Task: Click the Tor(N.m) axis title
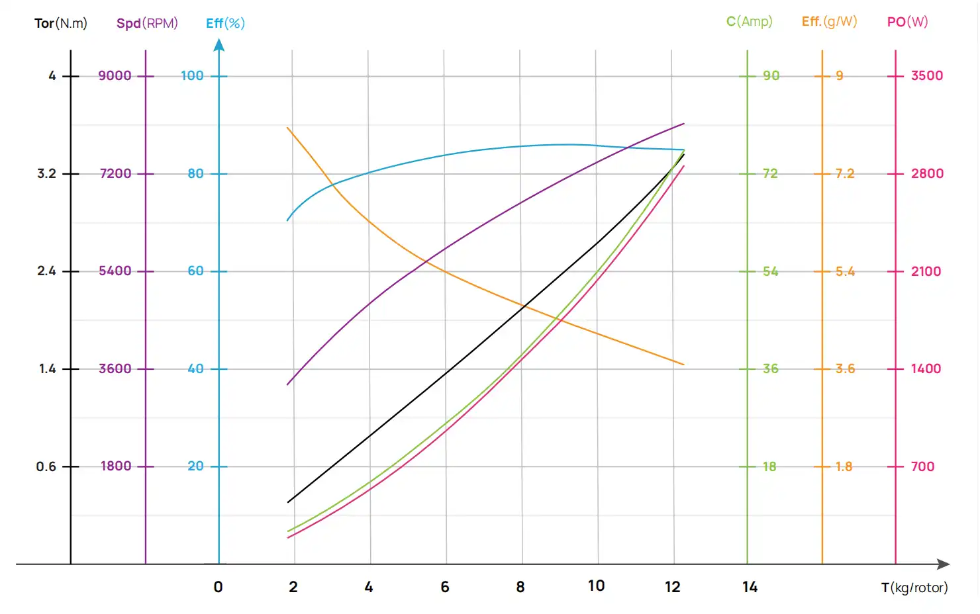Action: click(61, 23)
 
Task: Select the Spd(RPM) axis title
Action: click(147, 23)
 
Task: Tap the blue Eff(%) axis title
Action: click(225, 23)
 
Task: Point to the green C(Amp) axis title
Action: click(749, 21)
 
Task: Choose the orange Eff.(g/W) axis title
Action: click(829, 21)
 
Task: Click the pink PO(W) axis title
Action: click(907, 21)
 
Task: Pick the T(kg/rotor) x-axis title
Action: click(914, 588)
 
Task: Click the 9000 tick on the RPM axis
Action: click(115, 75)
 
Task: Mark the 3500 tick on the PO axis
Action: click(926, 75)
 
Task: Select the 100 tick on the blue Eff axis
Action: click(192, 75)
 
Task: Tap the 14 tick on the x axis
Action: click(750, 587)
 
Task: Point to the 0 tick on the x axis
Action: click(219, 587)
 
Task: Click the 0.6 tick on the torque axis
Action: click(46, 466)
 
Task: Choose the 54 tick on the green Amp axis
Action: click(770, 271)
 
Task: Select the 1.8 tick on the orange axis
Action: click(844, 466)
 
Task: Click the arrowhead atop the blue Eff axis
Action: click(219, 45)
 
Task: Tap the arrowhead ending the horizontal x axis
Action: click(944, 564)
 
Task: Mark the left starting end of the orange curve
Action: click(287, 128)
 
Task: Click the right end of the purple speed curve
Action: click(684, 123)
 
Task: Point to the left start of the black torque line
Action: click(288, 502)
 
